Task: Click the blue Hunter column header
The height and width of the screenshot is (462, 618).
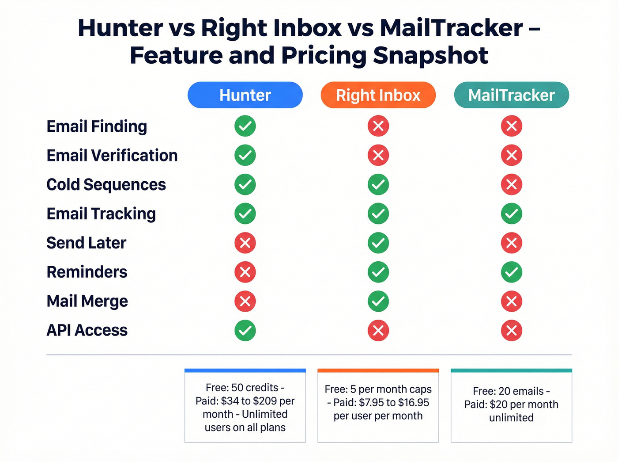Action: [x=245, y=95]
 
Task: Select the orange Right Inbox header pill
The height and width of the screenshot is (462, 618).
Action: [x=378, y=95]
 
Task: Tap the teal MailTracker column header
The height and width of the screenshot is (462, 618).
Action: [x=511, y=95]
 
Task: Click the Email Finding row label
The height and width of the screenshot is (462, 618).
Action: [x=97, y=126]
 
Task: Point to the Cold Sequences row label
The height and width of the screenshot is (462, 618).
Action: [x=106, y=185]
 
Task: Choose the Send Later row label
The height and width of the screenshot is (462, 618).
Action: [x=87, y=243]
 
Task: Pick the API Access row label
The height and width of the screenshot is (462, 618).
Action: [x=87, y=330]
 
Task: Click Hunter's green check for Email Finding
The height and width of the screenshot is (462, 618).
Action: [x=245, y=126]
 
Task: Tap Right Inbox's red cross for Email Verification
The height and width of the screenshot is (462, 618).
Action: [x=378, y=155]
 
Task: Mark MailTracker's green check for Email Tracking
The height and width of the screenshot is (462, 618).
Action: [x=512, y=214]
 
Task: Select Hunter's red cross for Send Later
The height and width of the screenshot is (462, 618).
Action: [x=245, y=243]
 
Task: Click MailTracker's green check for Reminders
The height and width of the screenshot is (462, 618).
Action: [x=512, y=272]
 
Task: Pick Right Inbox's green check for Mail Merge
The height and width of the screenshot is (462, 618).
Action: [x=378, y=301]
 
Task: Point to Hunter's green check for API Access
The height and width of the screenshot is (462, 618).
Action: [x=245, y=330]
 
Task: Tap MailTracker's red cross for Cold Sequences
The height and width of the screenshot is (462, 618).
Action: [x=512, y=184]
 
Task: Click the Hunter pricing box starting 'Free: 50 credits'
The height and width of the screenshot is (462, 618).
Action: [x=245, y=407]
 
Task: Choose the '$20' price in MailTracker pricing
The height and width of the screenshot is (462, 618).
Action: [x=498, y=405]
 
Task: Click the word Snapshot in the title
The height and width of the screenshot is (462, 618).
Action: [x=430, y=56]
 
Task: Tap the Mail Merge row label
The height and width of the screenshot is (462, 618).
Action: [x=87, y=302]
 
